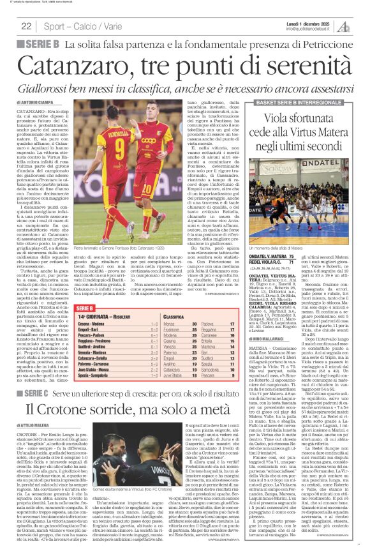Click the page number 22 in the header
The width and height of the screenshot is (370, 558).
pos(27,26)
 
